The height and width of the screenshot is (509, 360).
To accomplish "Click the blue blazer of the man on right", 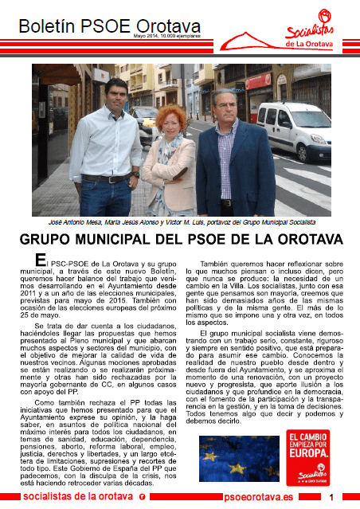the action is [x=226, y=167].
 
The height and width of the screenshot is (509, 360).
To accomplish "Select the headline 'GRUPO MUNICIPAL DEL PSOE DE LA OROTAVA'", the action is [x=180, y=241].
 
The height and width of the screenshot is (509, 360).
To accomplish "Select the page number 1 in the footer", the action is [x=330, y=496].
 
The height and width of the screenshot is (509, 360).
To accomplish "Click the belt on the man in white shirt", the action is [x=106, y=179].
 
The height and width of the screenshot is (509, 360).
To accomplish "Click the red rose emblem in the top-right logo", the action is [x=324, y=17].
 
